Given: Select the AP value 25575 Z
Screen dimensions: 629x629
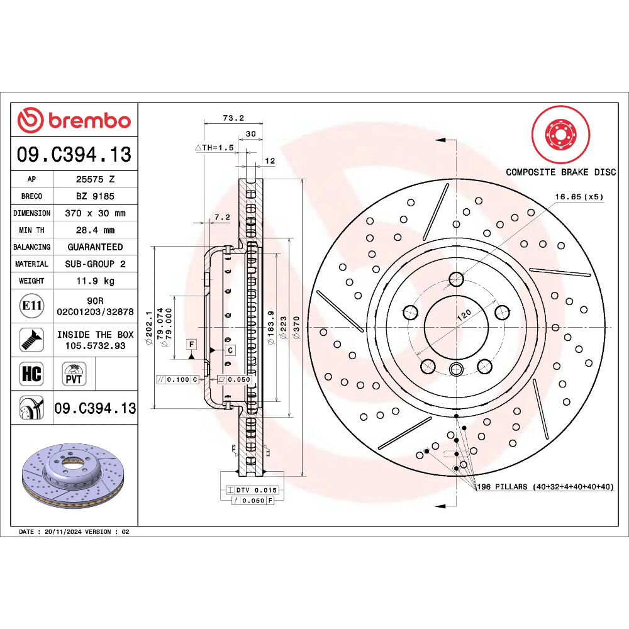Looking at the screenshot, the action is tap(96, 179).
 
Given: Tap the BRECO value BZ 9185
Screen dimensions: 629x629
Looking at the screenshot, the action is tap(96, 196).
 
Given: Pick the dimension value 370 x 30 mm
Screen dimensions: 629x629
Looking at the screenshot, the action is tap(96, 213).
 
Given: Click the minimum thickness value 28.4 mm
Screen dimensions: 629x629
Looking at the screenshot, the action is tap(96, 230).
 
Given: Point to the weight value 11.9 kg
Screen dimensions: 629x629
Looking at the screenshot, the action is tap(96, 281).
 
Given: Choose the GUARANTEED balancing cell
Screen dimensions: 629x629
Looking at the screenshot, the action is tap(96, 247).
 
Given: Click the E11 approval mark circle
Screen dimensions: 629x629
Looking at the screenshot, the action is tap(31, 306).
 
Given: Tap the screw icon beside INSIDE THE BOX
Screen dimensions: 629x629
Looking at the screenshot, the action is tap(31, 340).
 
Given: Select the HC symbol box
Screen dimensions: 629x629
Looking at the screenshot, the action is tap(31, 374).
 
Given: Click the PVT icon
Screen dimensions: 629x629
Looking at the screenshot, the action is tap(74, 374).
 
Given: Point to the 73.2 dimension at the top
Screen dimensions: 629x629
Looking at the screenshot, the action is tap(233, 118).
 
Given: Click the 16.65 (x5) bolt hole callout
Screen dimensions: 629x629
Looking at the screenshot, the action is tap(579, 196).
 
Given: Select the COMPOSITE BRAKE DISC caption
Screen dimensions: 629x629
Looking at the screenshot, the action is tap(561, 172).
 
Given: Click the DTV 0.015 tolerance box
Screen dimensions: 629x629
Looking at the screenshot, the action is tap(252, 490).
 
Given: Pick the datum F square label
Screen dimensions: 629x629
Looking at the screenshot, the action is tap(192, 344).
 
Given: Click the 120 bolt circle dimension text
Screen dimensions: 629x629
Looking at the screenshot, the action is tap(464, 315).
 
